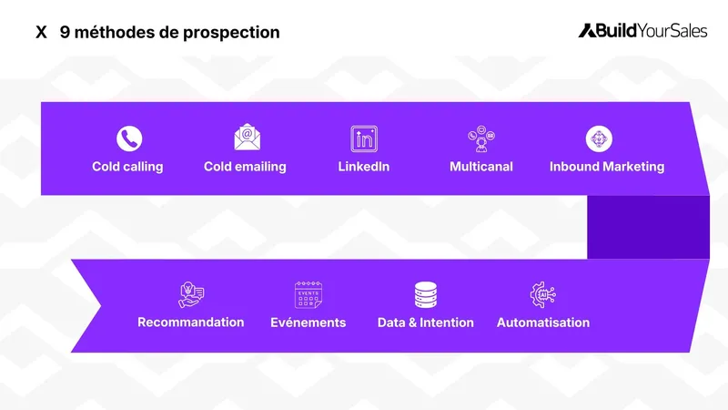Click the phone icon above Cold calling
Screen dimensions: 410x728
129,138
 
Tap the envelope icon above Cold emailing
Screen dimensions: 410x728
248,138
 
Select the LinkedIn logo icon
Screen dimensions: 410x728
364,138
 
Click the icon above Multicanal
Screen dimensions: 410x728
480,138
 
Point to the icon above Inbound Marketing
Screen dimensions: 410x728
599,138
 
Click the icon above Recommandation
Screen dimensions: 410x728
191,294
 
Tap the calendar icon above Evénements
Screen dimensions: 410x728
308,294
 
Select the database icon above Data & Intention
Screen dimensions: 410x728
425,294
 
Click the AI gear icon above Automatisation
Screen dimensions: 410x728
542,294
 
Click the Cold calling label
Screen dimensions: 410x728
127,167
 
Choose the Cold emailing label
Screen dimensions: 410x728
245,167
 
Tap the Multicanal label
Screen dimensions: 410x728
481,167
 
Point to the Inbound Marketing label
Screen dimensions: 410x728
607,167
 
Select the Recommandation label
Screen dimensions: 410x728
191,323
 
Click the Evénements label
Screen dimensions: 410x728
308,323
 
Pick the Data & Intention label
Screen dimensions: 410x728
426,323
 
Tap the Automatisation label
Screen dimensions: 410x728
543,323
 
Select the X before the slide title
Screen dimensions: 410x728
41,33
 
